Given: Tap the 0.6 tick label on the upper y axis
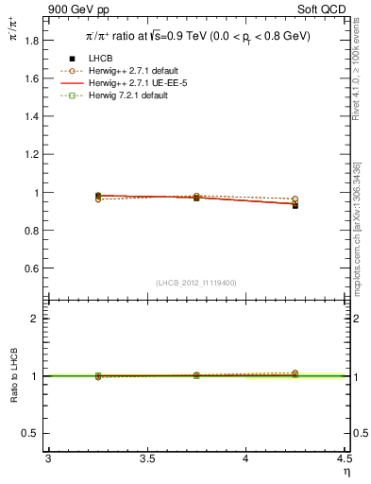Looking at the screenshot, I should tap(32, 268).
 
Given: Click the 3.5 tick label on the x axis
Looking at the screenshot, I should tap(146, 458).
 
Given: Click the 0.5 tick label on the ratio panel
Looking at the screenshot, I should tap(32, 433).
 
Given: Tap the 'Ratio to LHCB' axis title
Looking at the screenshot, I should tap(13, 376).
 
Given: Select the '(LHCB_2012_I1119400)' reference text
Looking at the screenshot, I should tap(196, 283).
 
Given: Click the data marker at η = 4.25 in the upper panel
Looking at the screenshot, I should tap(295, 205).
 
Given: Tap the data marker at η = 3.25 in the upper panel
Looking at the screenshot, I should tap(98, 196).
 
